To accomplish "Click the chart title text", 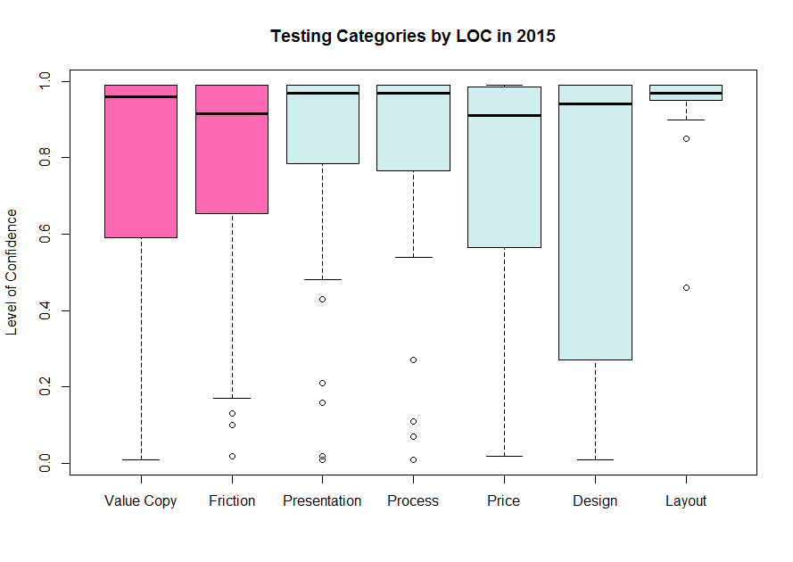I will coord(414,37).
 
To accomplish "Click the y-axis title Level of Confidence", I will coord(12,272).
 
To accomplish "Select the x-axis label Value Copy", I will coord(141,501).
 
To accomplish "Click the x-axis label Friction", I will coord(232,501).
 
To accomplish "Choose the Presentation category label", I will coord(322,501).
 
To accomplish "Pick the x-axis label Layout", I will coord(686,501).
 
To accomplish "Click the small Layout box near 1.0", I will coord(686,92).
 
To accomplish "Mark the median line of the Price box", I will coord(504,115).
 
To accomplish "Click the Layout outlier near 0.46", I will coord(686,287).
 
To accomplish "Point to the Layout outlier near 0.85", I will coord(686,138).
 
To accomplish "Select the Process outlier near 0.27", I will coord(413,360).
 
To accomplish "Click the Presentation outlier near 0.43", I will coord(322,299).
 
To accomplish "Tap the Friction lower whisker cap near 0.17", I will coord(232,398).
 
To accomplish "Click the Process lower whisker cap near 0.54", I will coord(413,257).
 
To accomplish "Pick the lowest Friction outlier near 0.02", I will coord(232,456).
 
